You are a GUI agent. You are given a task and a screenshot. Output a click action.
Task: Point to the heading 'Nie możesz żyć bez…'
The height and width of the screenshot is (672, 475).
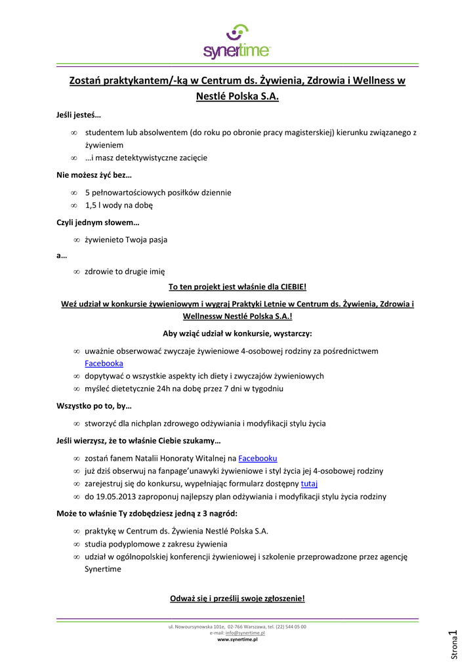coord(94,175)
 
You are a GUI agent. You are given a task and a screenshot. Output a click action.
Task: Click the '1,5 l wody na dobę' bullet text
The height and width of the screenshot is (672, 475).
coord(119,205)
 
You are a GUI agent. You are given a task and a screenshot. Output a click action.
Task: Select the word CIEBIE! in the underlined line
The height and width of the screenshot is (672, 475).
coord(293,287)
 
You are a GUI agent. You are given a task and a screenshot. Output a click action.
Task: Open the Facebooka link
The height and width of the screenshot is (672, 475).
coord(104,364)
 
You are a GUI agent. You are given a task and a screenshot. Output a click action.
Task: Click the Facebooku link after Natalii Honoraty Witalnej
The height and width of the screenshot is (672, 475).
coord(257,458)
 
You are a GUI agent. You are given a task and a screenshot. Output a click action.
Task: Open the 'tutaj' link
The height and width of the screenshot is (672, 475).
coord(309,484)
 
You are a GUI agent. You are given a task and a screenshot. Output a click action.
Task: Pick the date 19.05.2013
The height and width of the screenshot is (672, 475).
coord(117,497)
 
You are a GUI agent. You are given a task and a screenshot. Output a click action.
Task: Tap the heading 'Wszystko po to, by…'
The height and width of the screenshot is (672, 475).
coord(94,406)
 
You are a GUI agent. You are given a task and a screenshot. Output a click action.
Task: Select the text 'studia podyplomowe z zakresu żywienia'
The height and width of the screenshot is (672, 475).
coord(156,544)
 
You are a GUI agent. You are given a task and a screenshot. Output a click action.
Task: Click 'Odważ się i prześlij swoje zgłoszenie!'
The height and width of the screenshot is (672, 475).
coord(237,598)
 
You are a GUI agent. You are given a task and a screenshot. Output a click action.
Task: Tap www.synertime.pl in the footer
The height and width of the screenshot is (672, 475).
coord(237,639)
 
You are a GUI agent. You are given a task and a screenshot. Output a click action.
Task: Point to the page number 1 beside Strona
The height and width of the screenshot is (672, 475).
coord(452,635)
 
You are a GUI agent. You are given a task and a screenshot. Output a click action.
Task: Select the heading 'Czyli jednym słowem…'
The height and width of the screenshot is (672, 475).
coord(98,222)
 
